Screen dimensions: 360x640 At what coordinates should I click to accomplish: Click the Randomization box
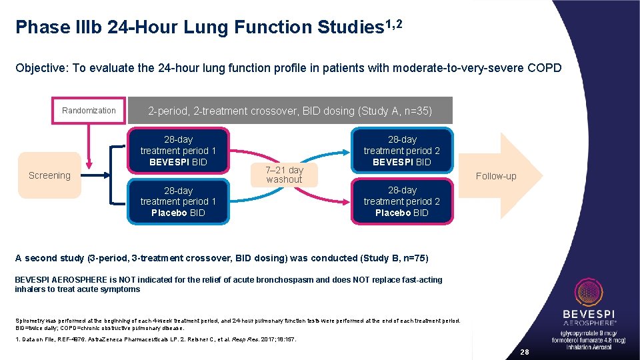click(89, 111)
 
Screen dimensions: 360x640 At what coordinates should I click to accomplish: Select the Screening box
click(49, 175)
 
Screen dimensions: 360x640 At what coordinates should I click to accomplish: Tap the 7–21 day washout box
click(284, 175)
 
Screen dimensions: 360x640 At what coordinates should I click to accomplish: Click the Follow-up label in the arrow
click(495, 176)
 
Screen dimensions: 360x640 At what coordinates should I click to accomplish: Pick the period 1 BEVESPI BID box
click(178, 151)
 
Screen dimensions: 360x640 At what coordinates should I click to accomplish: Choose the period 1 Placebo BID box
click(178, 201)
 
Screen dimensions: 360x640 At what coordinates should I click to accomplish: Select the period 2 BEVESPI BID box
click(402, 151)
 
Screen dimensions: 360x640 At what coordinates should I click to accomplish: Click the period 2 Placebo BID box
click(402, 201)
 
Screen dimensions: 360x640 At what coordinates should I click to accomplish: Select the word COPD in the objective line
click(545, 68)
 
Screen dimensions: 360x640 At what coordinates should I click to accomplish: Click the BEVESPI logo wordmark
click(589, 314)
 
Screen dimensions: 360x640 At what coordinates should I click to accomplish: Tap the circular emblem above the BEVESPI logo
click(589, 292)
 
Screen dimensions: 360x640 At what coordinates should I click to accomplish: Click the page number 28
click(524, 351)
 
